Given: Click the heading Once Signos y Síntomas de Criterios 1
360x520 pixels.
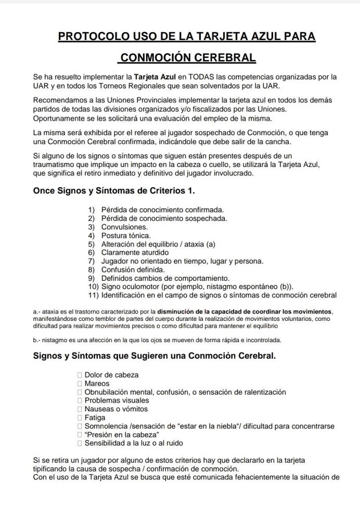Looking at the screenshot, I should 114,191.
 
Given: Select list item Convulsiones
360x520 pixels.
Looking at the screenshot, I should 124,227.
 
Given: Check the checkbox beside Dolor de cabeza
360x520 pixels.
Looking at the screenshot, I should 80,375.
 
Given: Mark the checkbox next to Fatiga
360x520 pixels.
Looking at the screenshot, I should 80,418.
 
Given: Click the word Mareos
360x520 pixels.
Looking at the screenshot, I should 97,383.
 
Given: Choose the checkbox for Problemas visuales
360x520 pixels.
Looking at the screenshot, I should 80,400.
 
